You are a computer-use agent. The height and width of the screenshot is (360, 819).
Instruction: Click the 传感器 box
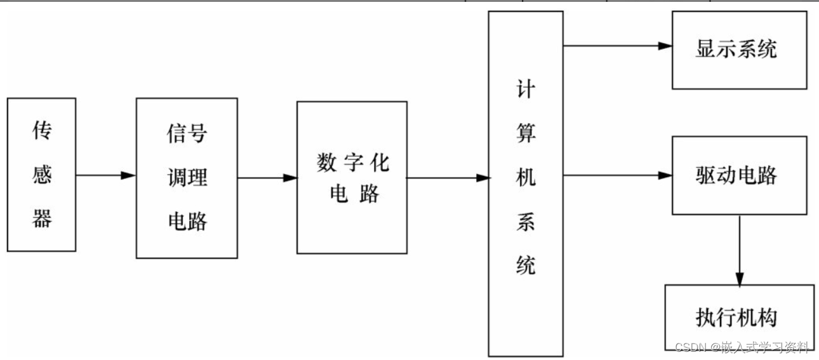41,175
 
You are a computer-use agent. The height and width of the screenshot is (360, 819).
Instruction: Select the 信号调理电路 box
187,178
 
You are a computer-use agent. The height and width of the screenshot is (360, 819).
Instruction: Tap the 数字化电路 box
352,178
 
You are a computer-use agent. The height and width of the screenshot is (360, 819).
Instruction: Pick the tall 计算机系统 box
525,183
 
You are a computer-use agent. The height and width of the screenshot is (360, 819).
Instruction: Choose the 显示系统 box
739,50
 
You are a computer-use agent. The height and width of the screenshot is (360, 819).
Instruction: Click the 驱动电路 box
739,175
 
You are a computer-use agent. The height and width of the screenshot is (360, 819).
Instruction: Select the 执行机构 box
739,317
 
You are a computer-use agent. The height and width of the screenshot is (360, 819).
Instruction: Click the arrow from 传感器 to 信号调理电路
105,175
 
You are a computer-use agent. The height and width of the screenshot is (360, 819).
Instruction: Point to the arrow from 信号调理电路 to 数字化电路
267,178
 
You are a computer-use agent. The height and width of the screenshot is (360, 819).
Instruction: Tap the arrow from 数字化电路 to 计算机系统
448,178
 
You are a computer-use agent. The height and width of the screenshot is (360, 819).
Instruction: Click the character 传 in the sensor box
42,131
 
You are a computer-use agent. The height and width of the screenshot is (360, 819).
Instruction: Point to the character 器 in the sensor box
42,219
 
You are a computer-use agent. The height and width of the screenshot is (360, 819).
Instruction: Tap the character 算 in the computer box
526,134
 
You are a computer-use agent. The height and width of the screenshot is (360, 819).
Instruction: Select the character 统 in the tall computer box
526,265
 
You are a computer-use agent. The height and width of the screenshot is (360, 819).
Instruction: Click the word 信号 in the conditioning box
187,134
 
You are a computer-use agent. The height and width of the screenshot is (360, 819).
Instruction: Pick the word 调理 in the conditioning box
187,177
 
